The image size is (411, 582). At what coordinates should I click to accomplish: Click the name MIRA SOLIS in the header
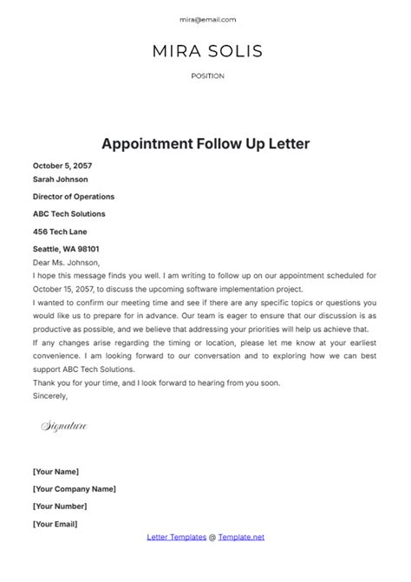tap(207, 50)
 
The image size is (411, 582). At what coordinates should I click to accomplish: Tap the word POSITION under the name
tap(207, 76)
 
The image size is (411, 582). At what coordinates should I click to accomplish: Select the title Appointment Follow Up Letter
tap(205, 142)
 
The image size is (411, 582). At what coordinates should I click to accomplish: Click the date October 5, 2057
tap(62, 166)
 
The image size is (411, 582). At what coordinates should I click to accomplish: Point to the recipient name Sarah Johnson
tap(60, 180)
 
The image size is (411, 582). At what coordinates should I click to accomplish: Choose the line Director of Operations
tap(74, 197)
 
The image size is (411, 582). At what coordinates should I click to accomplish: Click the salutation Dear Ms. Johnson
tap(67, 263)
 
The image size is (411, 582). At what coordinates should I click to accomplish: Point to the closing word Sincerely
tap(49, 396)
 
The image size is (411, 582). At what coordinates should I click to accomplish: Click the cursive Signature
tap(65, 427)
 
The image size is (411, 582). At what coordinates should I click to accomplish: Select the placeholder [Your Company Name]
tap(75, 488)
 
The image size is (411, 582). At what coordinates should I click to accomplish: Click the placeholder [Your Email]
tap(55, 524)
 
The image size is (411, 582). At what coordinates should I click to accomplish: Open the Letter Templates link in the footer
tap(174, 538)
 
